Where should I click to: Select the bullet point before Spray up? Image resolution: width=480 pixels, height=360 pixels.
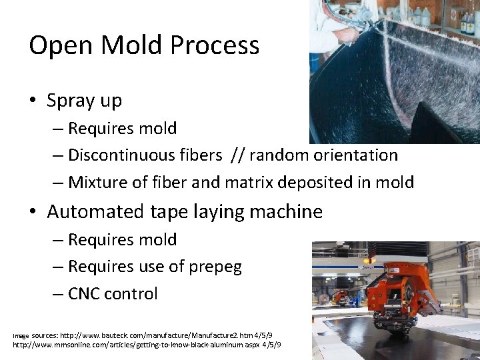(33, 101)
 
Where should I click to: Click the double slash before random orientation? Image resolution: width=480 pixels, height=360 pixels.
(238, 155)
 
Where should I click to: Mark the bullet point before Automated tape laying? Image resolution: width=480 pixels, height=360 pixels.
(33, 213)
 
